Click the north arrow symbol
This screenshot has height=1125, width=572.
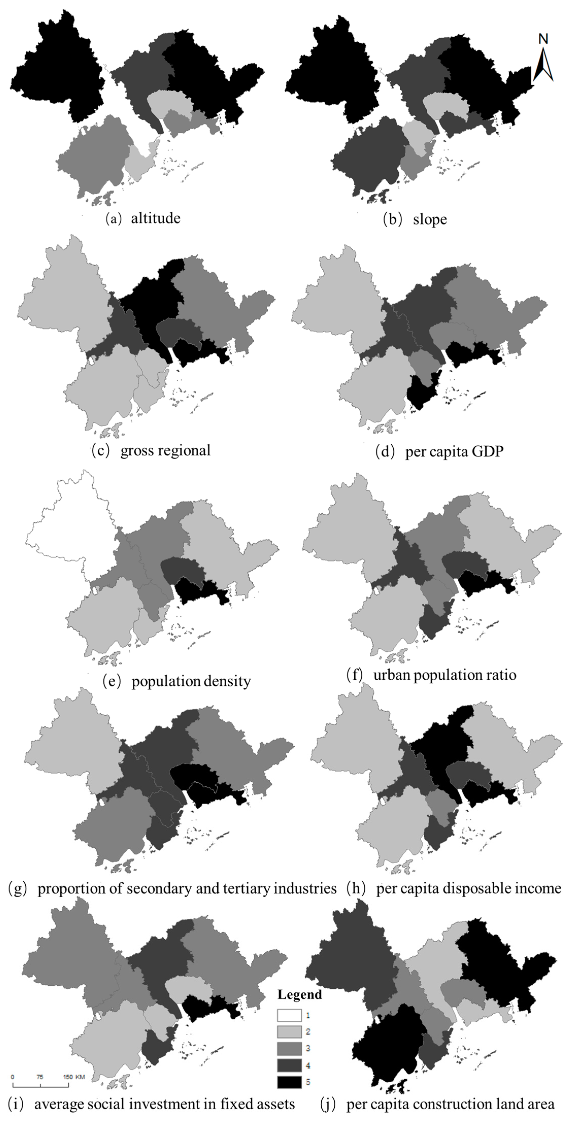pyautogui.click(x=543, y=65)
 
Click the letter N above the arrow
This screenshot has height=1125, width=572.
pyautogui.click(x=543, y=39)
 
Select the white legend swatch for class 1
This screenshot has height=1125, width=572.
pyautogui.click(x=289, y=1015)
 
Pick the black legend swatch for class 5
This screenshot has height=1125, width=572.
pyautogui.click(x=289, y=1082)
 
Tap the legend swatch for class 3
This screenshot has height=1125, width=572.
pyautogui.click(x=289, y=1049)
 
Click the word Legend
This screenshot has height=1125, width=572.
pyautogui.click(x=300, y=994)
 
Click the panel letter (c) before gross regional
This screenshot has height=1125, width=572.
pyautogui.click(x=100, y=450)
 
